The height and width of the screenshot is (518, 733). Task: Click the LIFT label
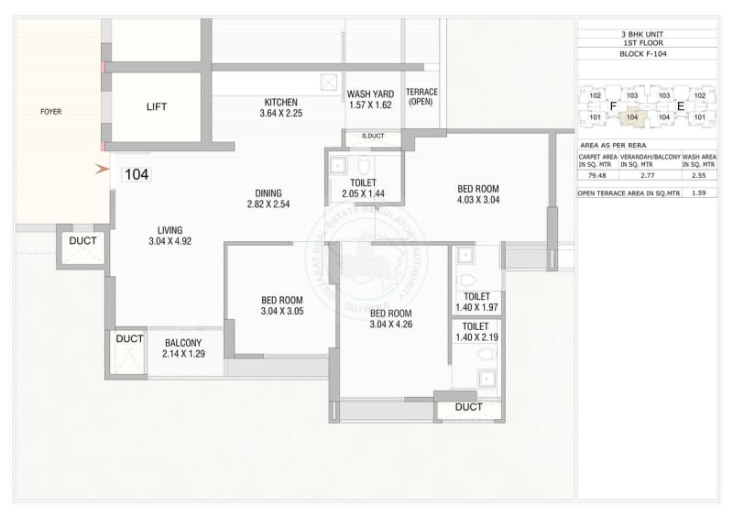point(157,107)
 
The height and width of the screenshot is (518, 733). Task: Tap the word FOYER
point(51,112)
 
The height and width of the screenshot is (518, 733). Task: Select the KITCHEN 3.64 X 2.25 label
point(280,107)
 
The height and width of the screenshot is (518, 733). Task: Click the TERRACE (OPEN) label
point(421,97)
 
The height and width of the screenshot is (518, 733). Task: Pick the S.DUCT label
point(372,137)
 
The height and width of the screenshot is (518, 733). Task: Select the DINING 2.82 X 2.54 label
point(268,198)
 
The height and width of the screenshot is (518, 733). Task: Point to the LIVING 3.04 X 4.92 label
point(170,236)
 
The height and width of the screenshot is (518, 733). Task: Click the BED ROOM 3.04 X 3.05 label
point(282,305)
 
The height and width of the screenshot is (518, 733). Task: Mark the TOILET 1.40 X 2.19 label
point(476,332)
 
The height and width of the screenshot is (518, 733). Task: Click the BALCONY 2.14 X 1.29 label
point(184,347)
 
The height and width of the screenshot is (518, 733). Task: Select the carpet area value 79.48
point(597,175)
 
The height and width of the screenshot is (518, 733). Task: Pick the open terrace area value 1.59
point(699,193)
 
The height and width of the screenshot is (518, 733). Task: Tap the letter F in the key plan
point(613,106)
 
